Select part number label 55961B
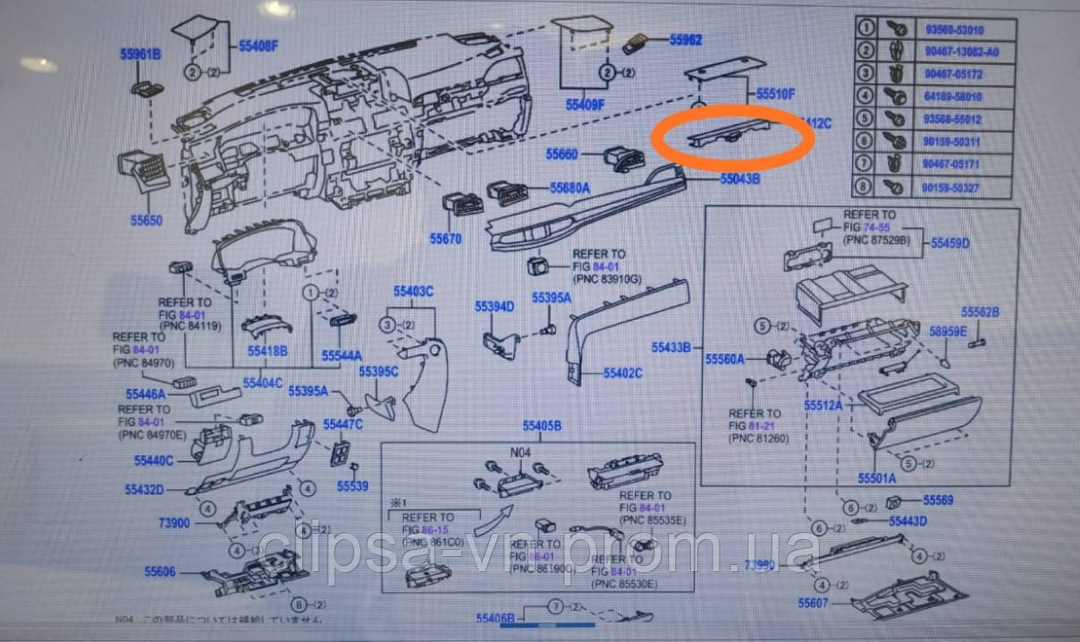pyautogui.click(x=140, y=55)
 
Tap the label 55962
pyautogui.click(x=686, y=40)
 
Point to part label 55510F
pyautogui.click(x=775, y=93)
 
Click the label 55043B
pyautogui.click(x=740, y=179)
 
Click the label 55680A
pyautogui.click(x=570, y=189)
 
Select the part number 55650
pyautogui.click(x=146, y=220)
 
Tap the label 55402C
pyautogui.click(x=623, y=372)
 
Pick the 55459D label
pyautogui.click(x=950, y=242)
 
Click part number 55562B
pyautogui.click(x=980, y=312)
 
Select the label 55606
pyautogui.click(x=160, y=570)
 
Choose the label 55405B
pyautogui.click(x=542, y=426)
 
